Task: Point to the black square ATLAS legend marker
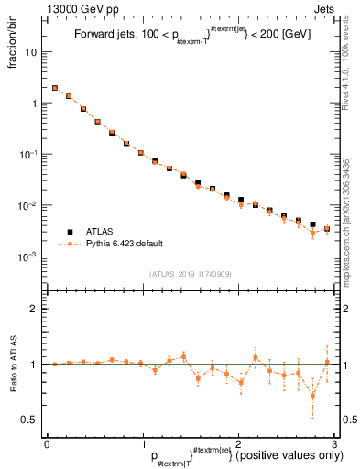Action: (x=68, y=232)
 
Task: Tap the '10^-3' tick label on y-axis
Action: (x=30, y=256)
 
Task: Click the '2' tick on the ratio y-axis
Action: (x=35, y=309)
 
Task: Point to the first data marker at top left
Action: (x=55, y=88)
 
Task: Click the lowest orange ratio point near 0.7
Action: (x=312, y=396)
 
